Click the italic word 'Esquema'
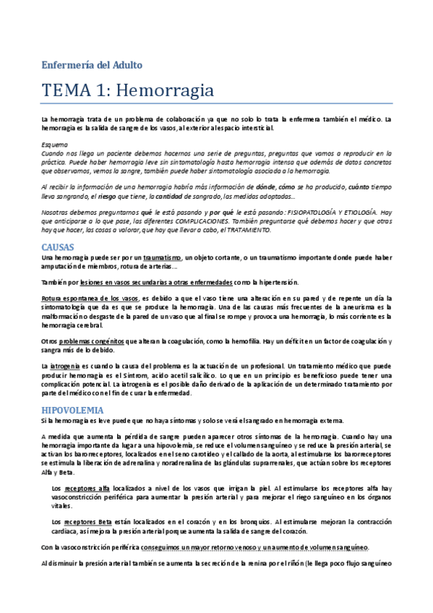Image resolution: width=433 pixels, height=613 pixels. click(x=54, y=145)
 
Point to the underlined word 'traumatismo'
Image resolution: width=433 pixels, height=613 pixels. click(x=162, y=257)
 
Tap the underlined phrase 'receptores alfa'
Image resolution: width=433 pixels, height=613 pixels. click(x=87, y=489)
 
